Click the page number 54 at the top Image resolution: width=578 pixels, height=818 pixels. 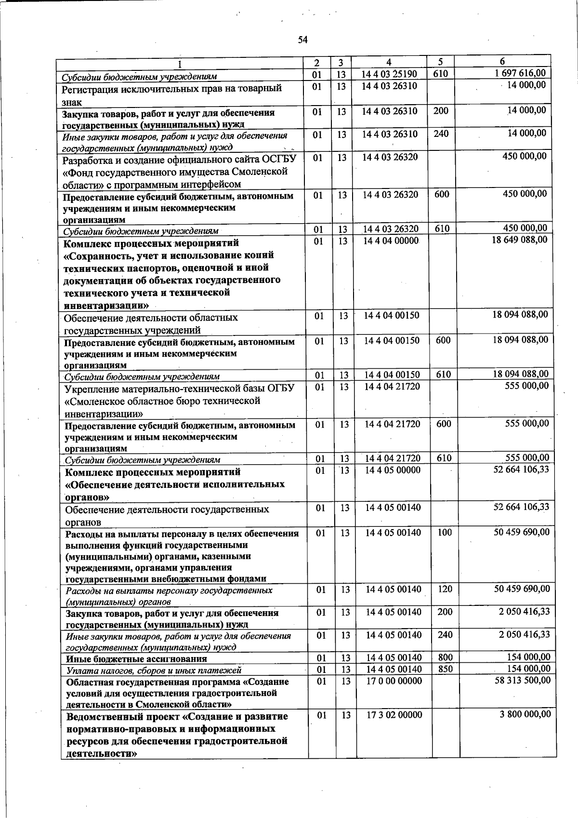click(302, 40)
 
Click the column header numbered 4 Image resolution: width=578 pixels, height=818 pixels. click(389, 62)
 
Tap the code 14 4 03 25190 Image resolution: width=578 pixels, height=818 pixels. click(390, 74)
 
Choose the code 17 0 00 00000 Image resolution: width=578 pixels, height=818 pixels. click(394, 681)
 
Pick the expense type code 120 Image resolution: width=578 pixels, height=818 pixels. click(445, 589)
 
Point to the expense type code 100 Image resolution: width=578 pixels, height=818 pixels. click(445, 533)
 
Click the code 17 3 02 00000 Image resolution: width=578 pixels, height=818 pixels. click(394, 715)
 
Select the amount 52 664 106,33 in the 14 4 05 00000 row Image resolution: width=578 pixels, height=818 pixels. click(521, 469)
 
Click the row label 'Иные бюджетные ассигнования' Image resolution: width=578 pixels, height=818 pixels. click(136, 658)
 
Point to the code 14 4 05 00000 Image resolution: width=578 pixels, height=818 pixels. click(393, 470)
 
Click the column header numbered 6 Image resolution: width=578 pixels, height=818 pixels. click(502, 62)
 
